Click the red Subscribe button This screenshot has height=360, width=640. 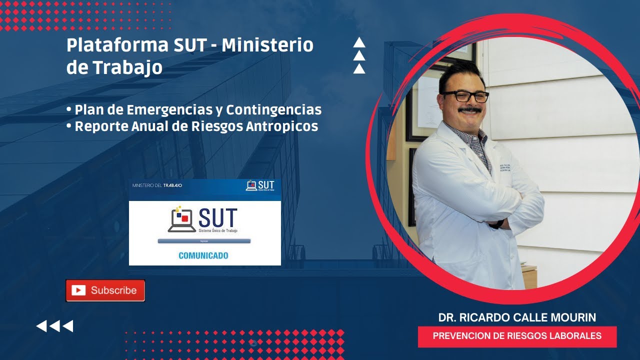(105, 290)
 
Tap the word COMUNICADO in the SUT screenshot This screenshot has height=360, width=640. (203, 255)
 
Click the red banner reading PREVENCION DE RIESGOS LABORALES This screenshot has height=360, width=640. (517, 336)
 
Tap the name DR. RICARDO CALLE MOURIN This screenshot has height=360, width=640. (517, 317)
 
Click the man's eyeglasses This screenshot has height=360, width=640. (464, 96)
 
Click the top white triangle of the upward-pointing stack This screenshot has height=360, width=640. (359, 43)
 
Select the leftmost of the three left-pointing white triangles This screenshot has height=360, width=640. (41, 326)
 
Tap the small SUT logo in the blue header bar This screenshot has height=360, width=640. (260, 185)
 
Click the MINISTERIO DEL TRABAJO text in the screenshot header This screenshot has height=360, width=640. (157, 185)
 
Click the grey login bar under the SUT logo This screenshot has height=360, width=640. (204, 241)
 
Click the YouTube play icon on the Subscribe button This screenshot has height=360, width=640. (78, 290)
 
